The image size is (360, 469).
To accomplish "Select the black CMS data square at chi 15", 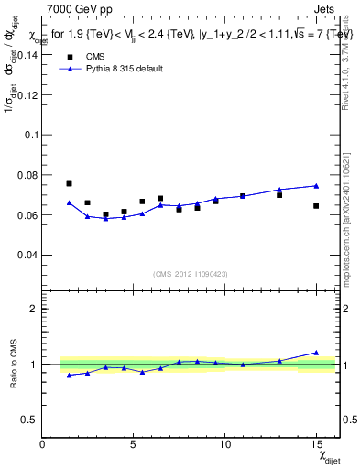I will click(316, 206).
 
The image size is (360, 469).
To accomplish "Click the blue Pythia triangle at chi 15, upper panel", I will click(316, 186).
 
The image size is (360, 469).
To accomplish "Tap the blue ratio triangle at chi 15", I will click(316, 352).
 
